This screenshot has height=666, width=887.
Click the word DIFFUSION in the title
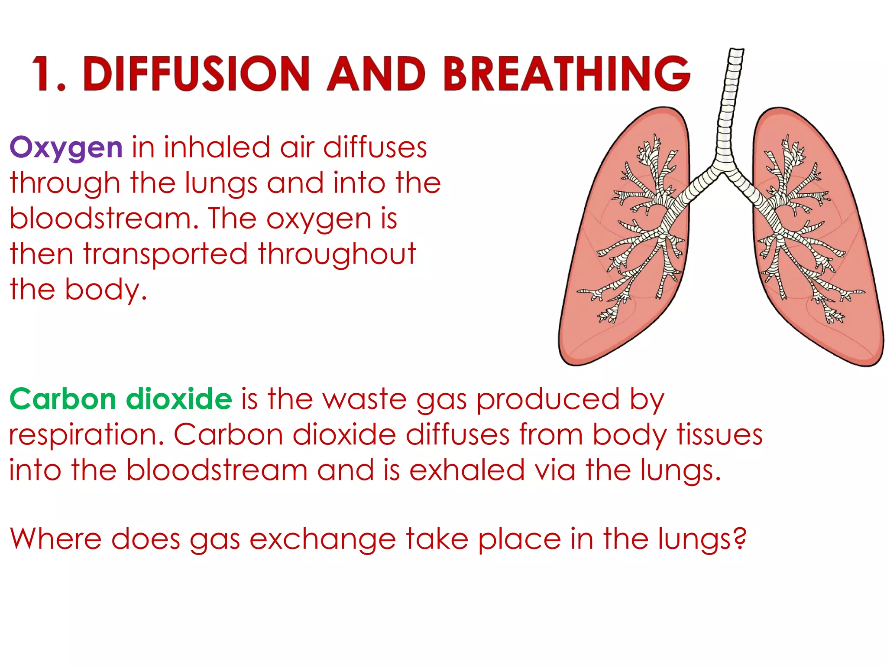(x=199, y=74)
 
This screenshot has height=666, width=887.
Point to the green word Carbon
(x=63, y=399)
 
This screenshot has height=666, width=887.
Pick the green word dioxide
(x=179, y=399)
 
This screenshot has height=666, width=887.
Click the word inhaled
(x=217, y=147)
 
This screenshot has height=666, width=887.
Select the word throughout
(x=337, y=255)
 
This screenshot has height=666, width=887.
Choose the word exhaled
(x=467, y=470)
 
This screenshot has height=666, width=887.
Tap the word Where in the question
(x=56, y=539)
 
